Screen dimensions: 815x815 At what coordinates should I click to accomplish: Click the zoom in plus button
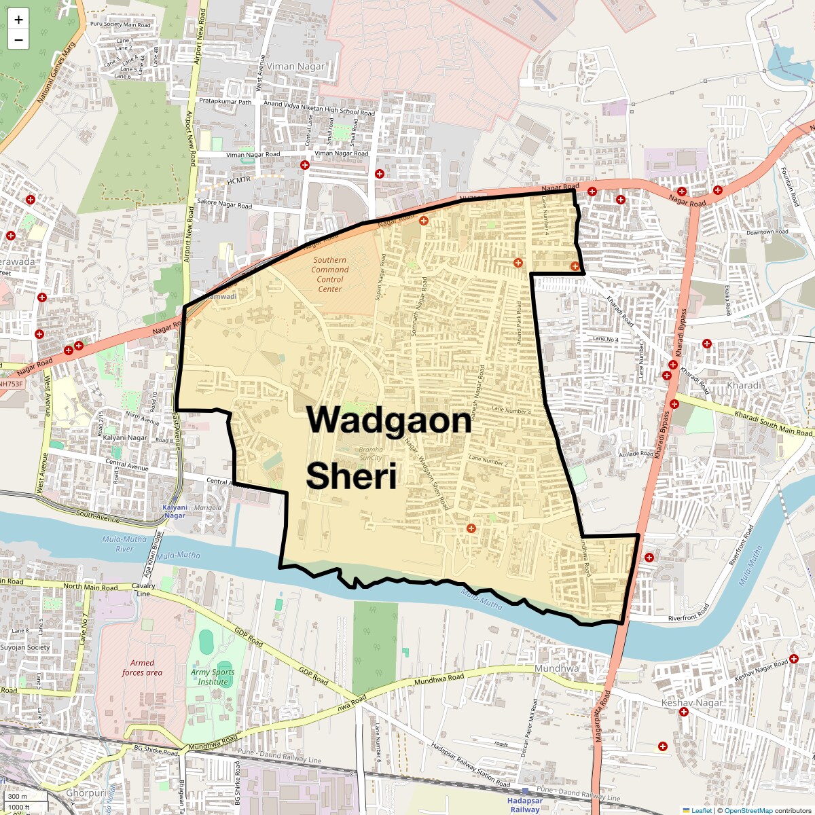(18, 20)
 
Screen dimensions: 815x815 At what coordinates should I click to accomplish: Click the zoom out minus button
(18, 40)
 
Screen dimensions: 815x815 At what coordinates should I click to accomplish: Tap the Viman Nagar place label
(295, 67)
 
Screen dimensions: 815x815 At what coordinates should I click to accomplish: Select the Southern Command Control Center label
(330, 274)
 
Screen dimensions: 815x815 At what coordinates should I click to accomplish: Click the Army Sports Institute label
(213, 677)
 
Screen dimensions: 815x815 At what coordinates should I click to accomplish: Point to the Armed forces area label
(142, 668)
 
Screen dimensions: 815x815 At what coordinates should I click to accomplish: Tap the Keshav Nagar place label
(692, 703)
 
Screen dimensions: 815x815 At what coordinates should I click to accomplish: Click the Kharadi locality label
(744, 385)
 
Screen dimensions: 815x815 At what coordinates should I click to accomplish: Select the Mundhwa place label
(557, 668)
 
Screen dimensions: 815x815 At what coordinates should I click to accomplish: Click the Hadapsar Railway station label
(525, 805)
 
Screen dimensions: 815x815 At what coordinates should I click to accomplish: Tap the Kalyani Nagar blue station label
(175, 511)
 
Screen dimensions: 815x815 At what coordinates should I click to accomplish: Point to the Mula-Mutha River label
(124, 544)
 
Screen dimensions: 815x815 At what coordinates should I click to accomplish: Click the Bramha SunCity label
(371, 454)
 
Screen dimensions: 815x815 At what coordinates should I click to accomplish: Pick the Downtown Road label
(767, 232)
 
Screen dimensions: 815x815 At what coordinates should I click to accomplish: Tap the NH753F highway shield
(11, 384)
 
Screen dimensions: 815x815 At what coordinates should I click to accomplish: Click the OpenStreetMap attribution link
(748, 810)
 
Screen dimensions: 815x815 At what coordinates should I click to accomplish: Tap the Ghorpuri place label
(86, 793)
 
